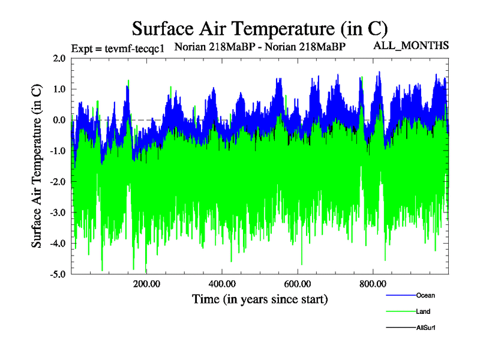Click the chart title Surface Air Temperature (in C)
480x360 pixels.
[260, 28]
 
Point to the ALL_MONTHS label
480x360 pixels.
[411, 45]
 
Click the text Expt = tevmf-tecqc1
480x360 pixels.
[118, 49]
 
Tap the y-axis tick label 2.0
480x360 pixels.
[59, 58]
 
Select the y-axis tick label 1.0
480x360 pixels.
[59, 89]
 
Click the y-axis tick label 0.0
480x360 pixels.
[59, 120]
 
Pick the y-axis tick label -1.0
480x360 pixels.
[58, 151]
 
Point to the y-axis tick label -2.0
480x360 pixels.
[58, 182]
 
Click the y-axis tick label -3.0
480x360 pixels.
[58, 213]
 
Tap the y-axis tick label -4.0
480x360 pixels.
[58, 244]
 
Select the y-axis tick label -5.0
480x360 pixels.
[58, 275]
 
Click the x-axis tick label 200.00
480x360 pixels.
[146, 284]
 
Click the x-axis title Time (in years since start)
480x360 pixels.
[260, 299]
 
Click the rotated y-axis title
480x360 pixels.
[37, 166]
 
